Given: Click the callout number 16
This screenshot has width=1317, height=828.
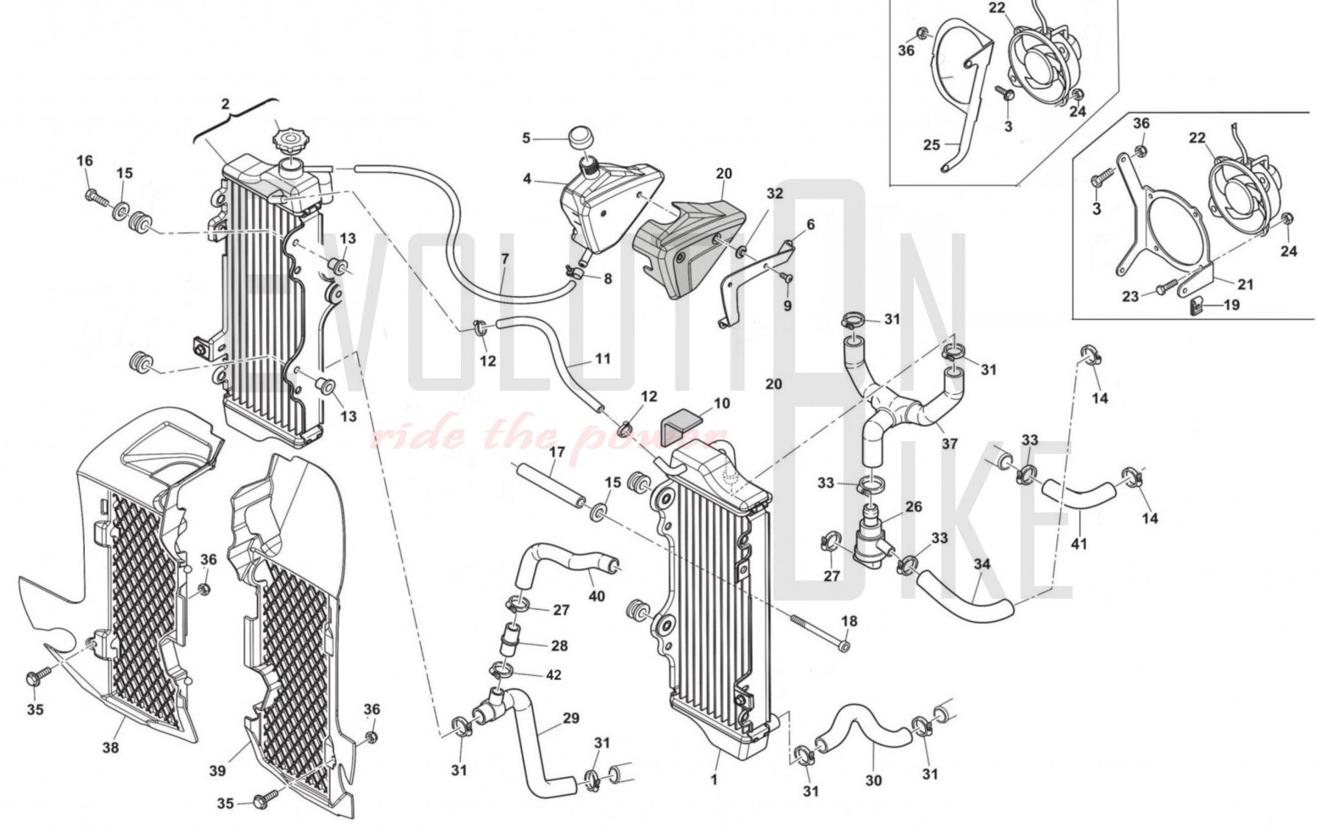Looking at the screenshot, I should [84, 161].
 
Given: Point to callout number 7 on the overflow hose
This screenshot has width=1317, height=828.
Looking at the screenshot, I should [504, 258].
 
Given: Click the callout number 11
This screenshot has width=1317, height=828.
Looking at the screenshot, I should [602, 359].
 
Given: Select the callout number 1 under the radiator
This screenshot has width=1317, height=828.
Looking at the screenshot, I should [714, 778].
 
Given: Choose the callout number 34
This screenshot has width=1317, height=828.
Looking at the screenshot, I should [982, 564].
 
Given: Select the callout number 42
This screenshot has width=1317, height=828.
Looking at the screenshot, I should [553, 675].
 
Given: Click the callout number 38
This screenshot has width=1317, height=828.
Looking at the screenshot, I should [110, 747].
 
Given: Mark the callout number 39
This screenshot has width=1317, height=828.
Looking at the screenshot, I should [217, 770].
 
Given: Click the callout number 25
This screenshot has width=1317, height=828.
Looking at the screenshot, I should [931, 145].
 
